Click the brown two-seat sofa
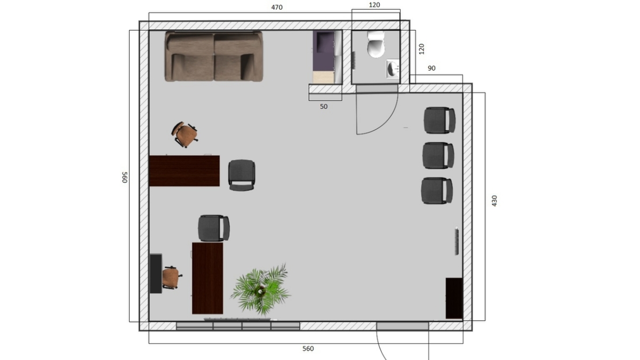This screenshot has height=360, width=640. [214, 57]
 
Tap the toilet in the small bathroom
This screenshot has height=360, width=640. [375, 44]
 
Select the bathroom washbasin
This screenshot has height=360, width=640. [393, 69]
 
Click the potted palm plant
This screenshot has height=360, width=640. [261, 290]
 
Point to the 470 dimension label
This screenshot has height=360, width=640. [277, 7]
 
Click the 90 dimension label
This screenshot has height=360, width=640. [431, 68]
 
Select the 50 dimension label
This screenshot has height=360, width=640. [323, 107]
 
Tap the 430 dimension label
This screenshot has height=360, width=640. [494, 201]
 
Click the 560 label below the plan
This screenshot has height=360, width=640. [308, 349]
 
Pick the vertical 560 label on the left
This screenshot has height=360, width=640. [125, 178]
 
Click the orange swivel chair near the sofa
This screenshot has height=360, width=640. [185, 134]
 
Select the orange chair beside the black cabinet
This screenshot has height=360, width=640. [172, 277]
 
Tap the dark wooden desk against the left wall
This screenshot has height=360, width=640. [185, 171]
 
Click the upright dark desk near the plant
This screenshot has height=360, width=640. [207, 278]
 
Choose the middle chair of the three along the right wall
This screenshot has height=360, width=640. [438, 155]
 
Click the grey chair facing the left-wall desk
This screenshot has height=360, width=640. [242, 175]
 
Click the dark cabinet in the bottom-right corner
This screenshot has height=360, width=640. [454, 298]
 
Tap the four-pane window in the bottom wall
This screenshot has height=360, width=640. [238, 326]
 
